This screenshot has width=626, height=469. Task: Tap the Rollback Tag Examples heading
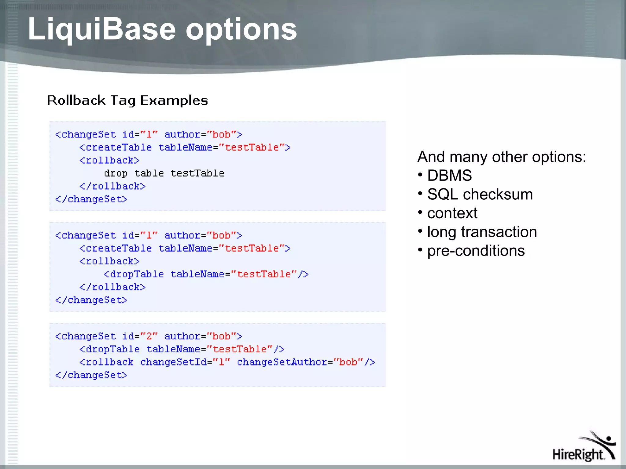click(127, 100)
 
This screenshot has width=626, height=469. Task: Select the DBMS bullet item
click(449, 176)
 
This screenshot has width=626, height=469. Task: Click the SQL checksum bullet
click(480, 195)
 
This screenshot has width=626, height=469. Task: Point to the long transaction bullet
click(482, 232)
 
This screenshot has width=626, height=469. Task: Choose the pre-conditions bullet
click(476, 251)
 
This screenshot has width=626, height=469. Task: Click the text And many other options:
click(501, 157)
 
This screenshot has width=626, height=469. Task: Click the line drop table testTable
click(164, 173)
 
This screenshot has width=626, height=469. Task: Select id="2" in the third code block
click(140, 336)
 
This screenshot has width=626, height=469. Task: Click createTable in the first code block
click(118, 147)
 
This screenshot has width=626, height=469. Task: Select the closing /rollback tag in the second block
click(112, 287)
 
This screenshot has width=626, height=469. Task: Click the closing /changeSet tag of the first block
click(91, 199)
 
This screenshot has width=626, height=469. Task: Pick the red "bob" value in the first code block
click(221, 134)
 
